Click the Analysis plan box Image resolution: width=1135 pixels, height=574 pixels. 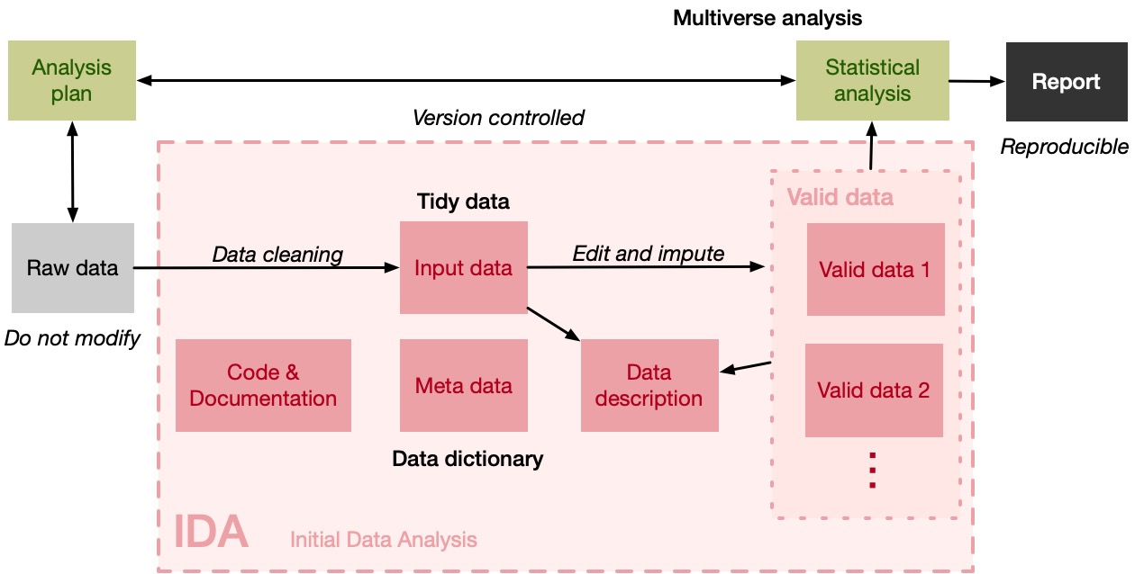(71, 80)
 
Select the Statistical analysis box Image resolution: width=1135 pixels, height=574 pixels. (872, 80)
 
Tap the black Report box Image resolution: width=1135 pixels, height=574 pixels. (1066, 82)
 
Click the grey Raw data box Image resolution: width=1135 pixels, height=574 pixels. (72, 267)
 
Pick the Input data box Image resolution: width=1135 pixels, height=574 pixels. (463, 267)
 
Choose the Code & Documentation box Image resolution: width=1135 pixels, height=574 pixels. (263, 385)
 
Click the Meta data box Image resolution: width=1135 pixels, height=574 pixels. (463, 385)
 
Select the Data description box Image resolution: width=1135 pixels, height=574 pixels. (649, 385)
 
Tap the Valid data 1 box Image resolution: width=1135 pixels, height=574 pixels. (875, 269)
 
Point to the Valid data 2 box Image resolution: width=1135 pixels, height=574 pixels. (873, 390)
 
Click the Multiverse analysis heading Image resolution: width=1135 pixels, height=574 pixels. (767, 17)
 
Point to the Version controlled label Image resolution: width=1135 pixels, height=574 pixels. (498, 118)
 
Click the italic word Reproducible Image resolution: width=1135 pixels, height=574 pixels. (1064, 146)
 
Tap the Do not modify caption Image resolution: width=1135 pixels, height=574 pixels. (72, 338)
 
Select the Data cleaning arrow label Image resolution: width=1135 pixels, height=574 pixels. (277, 255)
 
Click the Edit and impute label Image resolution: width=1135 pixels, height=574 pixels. (648, 254)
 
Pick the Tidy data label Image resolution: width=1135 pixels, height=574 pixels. (463, 202)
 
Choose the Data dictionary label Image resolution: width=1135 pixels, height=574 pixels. (468, 459)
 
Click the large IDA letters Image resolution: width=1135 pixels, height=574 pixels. (211, 533)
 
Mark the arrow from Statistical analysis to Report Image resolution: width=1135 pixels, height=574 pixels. (977, 81)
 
